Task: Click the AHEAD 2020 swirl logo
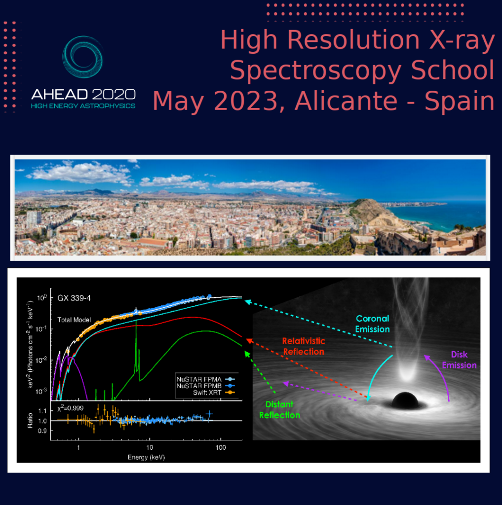point(82,57)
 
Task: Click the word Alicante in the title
point(346,101)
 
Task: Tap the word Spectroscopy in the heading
point(315,70)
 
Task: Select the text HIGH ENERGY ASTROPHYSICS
point(83,106)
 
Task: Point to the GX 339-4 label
point(74,298)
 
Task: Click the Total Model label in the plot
point(74,320)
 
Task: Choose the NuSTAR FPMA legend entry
point(205,379)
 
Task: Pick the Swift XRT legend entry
point(213,393)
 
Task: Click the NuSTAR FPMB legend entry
point(205,386)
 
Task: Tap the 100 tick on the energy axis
point(221,448)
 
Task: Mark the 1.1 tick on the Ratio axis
point(42,411)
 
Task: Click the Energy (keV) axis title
point(146,457)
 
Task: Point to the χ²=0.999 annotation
point(70,408)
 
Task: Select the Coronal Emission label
point(372,324)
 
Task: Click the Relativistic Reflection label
point(304,346)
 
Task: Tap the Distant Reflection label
point(279,410)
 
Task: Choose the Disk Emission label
point(459,360)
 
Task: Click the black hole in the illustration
point(405,400)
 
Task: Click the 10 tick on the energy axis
point(150,448)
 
